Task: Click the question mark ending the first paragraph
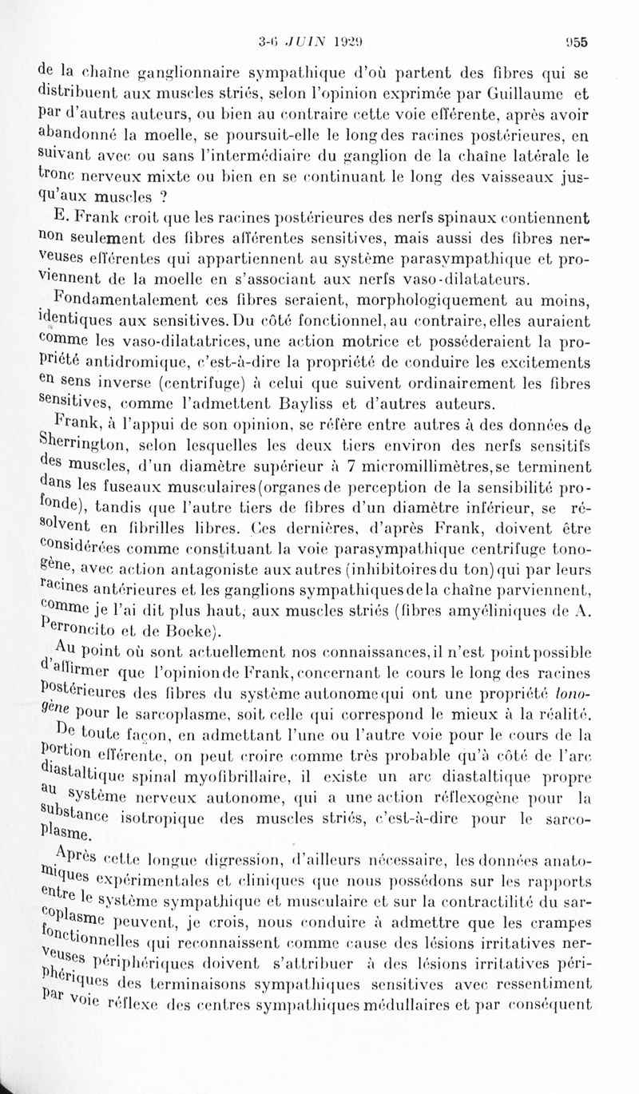click(x=162, y=195)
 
